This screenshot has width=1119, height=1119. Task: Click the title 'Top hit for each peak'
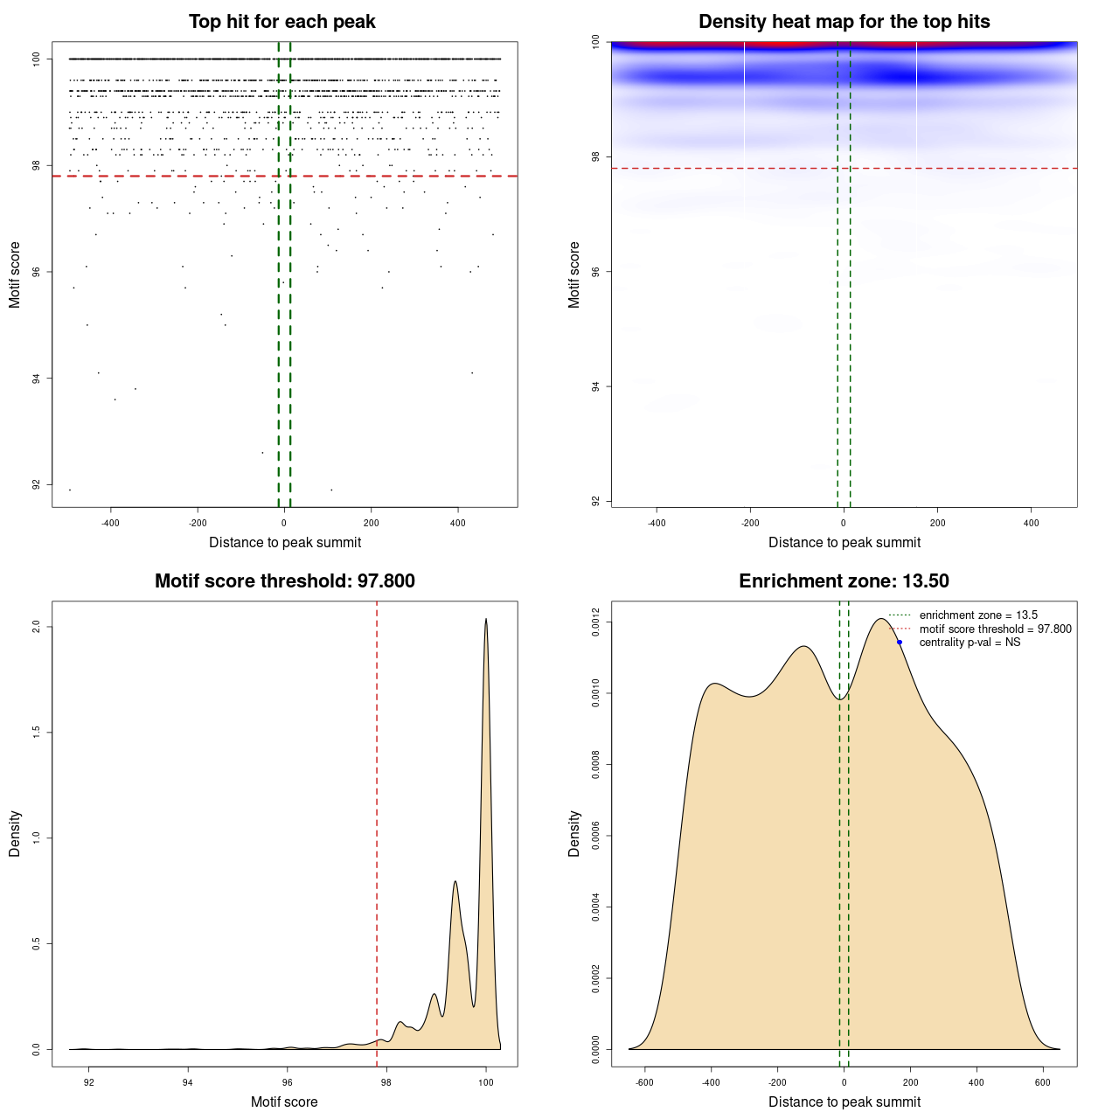point(282,22)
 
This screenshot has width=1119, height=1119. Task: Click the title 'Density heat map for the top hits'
point(844,22)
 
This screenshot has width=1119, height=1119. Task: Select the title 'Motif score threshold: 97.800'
point(284,581)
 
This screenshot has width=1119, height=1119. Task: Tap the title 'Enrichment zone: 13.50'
point(844,581)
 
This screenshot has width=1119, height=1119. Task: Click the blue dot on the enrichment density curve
point(899,643)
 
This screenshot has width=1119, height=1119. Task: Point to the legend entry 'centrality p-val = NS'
point(970,643)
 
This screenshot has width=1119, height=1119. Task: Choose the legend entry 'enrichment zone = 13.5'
point(978,615)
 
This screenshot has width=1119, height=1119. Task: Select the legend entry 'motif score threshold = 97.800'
point(995,629)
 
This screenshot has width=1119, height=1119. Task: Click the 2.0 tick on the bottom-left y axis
point(37,627)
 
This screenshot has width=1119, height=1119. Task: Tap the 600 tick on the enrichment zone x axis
point(1043,1082)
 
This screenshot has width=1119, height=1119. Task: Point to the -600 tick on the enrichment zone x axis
point(644,1082)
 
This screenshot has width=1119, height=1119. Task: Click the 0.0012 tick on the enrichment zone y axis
point(596,622)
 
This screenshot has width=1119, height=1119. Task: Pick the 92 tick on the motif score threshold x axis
point(88,1082)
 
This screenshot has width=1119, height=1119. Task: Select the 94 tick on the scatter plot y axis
point(37,379)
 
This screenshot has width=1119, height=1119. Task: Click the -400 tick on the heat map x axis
point(656,523)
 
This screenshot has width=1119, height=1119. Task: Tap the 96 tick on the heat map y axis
point(596,272)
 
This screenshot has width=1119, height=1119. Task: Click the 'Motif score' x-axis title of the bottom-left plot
point(284,1102)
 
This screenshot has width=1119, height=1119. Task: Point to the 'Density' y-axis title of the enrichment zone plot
point(574,833)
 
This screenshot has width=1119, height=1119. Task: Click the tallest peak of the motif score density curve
point(486,620)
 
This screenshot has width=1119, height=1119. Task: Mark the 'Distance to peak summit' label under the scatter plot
point(285,542)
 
